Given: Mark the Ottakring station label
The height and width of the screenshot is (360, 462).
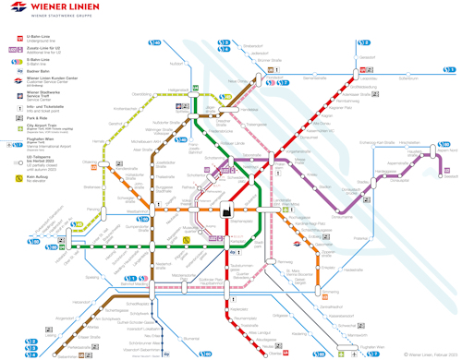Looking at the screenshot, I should pyautogui.click(x=90, y=162).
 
